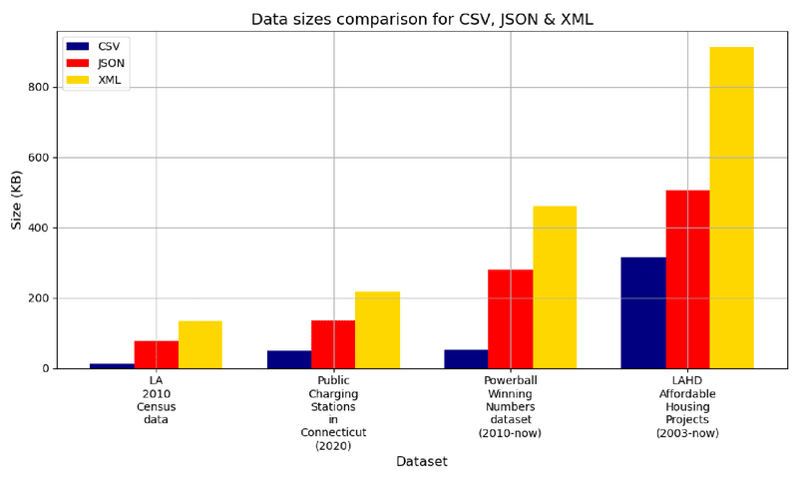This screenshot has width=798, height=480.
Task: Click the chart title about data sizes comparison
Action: point(436,19)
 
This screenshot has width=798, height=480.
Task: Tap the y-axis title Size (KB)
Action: point(17,200)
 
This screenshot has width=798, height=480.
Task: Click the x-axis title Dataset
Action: point(421,462)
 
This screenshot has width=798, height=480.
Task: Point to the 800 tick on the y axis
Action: point(39,87)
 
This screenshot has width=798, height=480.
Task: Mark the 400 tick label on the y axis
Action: point(39,228)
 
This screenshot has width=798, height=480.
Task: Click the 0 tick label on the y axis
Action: point(45,369)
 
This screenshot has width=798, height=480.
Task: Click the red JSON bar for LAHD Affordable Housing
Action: point(687,279)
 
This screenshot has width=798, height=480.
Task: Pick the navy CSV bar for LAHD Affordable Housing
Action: point(643,313)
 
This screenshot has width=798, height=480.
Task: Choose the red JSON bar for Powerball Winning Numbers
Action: point(510,319)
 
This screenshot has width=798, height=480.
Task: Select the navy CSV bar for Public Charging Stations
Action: point(289,359)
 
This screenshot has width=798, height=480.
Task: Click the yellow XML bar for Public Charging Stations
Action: point(377,330)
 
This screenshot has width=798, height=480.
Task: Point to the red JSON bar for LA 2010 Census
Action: point(157,355)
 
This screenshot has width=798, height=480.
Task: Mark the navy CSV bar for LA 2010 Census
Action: point(112,366)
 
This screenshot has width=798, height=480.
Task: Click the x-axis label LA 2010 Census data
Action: point(156,400)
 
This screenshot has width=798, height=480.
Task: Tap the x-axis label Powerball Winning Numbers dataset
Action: point(510,407)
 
